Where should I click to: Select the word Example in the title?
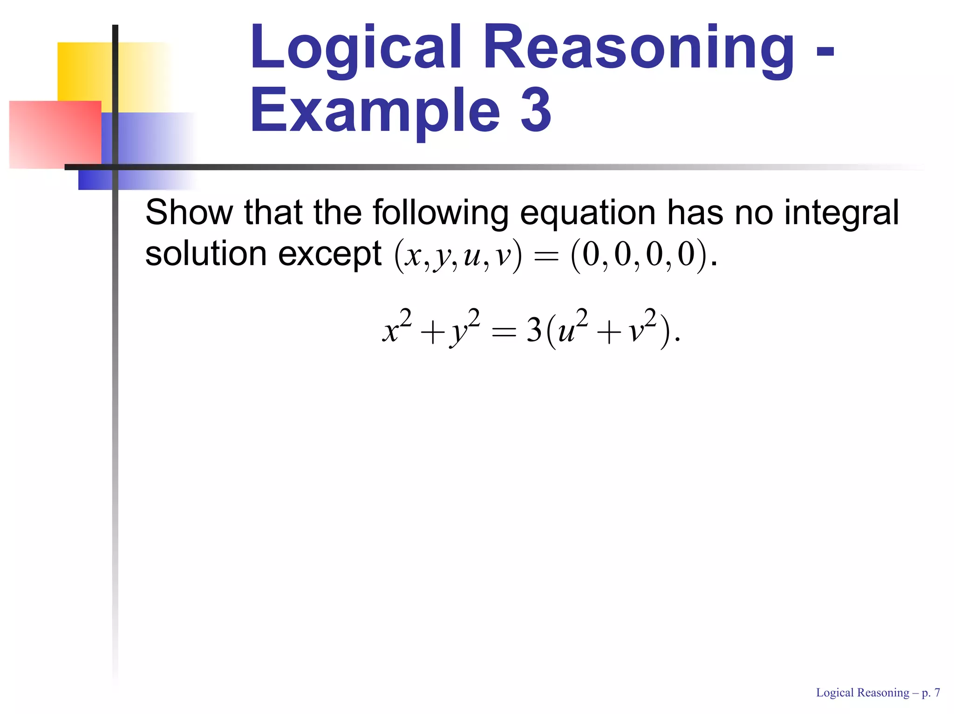[x=375, y=112]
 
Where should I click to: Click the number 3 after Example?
[x=536, y=112]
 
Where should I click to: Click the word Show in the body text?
[x=189, y=212]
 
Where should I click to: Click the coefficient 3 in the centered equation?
[x=534, y=331]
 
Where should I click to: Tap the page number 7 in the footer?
[x=937, y=693]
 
